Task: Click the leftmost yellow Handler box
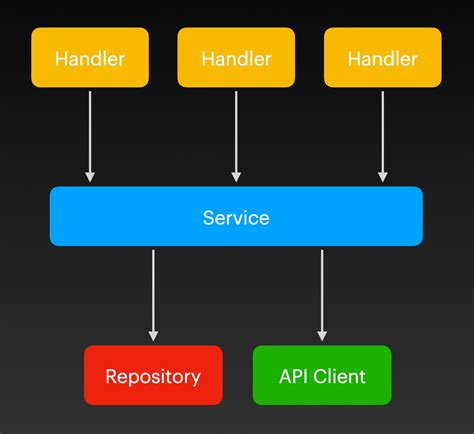coord(90,58)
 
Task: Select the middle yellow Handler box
coord(236,58)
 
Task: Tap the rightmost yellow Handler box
coord(382,58)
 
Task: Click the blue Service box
coord(236,217)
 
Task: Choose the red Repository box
coord(153,376)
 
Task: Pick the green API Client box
coord(321,376)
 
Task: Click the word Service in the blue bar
coord(236,217)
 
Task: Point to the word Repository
coord(153,377)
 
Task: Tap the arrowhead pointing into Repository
coord(153,335)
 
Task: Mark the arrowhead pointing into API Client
coord(321,335)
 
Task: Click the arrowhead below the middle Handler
coord(236,176)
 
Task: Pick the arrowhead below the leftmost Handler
coord(90,176)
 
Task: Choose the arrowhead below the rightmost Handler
coord(382,176)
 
